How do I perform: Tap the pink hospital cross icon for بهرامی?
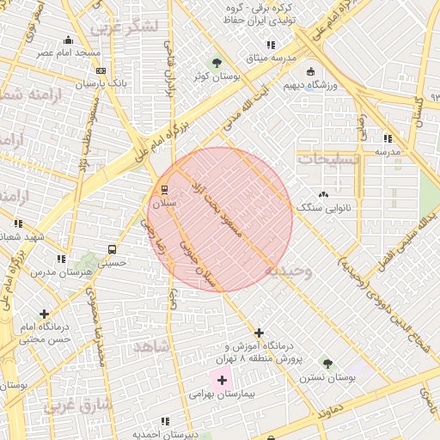click(222, 379)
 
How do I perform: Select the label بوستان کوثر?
click(214, 77)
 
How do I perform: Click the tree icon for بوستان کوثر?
click(216, 63)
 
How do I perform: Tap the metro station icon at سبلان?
click(164, 190)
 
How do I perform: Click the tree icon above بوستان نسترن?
click(327, 363)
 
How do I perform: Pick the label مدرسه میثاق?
click(271, 58)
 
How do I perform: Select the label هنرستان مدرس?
click(61, 272)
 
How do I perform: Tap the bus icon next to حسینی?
click(112, 250)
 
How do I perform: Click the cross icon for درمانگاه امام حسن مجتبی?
click(44, 314)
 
